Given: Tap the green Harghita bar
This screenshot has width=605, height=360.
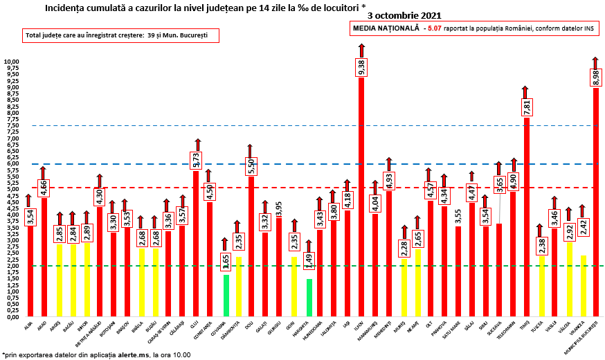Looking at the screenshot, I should [309, 298].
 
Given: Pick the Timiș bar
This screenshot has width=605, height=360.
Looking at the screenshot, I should [526, 222].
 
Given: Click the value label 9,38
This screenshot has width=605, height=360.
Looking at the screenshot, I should [361, 66].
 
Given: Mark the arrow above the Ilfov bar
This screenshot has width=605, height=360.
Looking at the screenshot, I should [361, 50].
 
